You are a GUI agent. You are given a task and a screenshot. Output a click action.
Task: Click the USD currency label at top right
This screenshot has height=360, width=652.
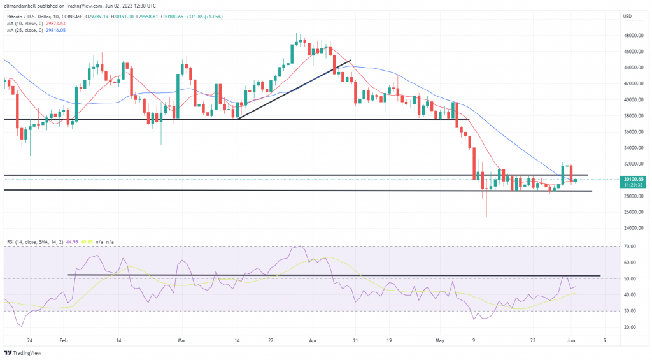627,16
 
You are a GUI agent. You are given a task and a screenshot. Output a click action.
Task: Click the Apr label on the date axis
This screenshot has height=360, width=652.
314,340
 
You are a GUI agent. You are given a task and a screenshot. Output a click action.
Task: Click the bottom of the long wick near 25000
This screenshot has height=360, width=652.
486,217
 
